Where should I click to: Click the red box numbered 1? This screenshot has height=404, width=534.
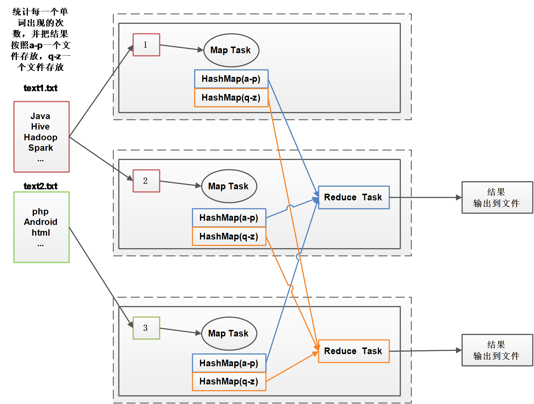(x=146, y=45)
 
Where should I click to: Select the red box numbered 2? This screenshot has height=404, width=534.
(x=146, y=181)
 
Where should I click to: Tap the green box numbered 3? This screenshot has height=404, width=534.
(x=146, y=328)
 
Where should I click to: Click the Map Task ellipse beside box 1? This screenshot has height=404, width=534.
(x=231, y=50)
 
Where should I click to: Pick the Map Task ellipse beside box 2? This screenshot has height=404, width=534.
(x=229, y=186)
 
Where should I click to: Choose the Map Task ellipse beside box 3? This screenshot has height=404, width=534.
(x=229, y=333)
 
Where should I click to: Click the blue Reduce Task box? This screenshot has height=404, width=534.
(x=354, y=198)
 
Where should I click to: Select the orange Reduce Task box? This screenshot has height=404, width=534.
(x=354, y=351)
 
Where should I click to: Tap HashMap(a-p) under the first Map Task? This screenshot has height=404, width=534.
(x=231, y=79)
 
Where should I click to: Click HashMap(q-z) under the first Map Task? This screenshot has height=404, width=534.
(x=231, y=98)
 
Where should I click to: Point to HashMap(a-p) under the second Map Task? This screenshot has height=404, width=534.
(x=229, y=218)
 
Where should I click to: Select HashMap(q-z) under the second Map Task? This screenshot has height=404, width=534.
(x=229, y=236)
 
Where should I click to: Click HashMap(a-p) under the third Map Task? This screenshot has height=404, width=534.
(x=229, y=363)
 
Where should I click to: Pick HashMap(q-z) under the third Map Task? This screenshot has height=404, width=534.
(x=229, y=382)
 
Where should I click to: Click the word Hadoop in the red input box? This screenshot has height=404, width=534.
(x=41, y=137)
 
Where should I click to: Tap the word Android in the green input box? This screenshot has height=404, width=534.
(x=41, y=222)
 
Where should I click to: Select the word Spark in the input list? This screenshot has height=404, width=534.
(x=41, y=148)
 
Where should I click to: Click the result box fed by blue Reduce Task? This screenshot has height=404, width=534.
(x=497, y=198)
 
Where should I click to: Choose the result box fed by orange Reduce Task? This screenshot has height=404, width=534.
(x=497, y=350)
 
